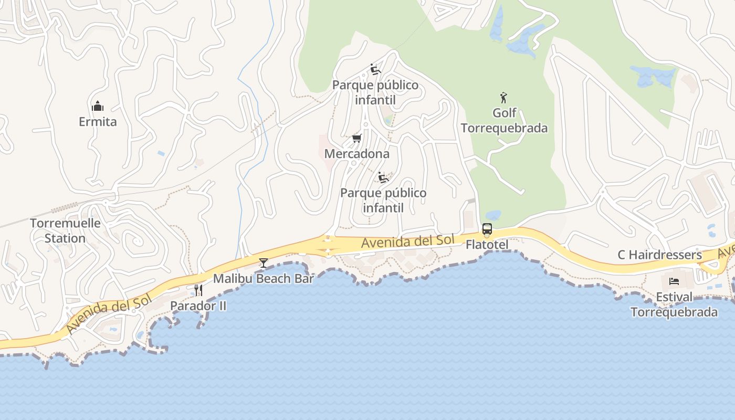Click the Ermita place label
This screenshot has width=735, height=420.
[98, 122]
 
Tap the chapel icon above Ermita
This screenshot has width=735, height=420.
[98, 107]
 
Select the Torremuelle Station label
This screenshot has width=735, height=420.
[65, 230]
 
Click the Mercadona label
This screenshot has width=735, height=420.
[357, 154]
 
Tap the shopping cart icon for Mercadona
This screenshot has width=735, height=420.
[357, 139]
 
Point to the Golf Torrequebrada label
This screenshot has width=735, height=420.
[504, 120]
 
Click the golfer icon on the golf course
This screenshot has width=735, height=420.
[504, 98]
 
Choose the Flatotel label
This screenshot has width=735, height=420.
[487, 245]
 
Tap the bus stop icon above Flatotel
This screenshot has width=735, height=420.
[487, 229]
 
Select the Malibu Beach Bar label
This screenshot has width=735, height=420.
[264, 279]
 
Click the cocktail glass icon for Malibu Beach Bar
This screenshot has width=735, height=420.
[264, 262]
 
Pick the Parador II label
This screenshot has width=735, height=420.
[198, 306]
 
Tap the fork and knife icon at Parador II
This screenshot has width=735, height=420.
[198, 290]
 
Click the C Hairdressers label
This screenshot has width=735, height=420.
[659, 255]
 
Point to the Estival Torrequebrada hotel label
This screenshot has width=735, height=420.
[674, 304]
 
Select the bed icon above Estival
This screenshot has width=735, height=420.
[674, 281]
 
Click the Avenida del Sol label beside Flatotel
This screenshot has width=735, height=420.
[408, 242]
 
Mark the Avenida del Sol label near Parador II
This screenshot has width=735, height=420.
[109, 313]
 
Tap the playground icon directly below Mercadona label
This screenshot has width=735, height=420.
[383, 177]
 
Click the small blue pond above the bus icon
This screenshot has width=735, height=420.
[493, 215]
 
